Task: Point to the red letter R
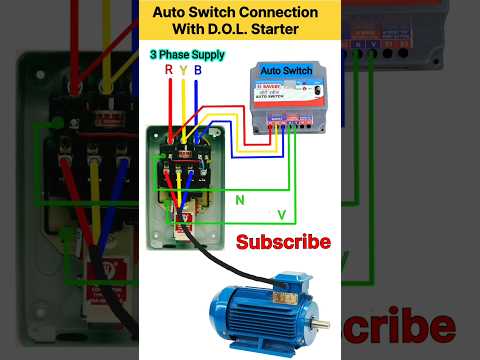[x=168, y=70]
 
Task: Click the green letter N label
[x=239, y=200]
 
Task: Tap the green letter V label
[x=281, y=214]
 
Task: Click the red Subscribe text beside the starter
[x=283, y=242]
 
